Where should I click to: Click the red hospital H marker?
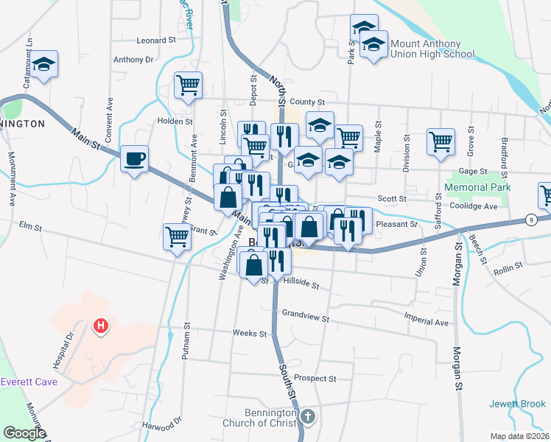101,325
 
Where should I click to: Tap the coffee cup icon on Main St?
133,159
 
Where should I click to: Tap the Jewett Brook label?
517,404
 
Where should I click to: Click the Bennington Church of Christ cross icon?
308,418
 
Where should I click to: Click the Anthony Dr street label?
133,60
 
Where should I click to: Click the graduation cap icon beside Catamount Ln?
44,64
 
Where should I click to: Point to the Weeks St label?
249,333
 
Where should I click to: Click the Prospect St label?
315,378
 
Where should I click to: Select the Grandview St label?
305,318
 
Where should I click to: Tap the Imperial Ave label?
426,323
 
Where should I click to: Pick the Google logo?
24,433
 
